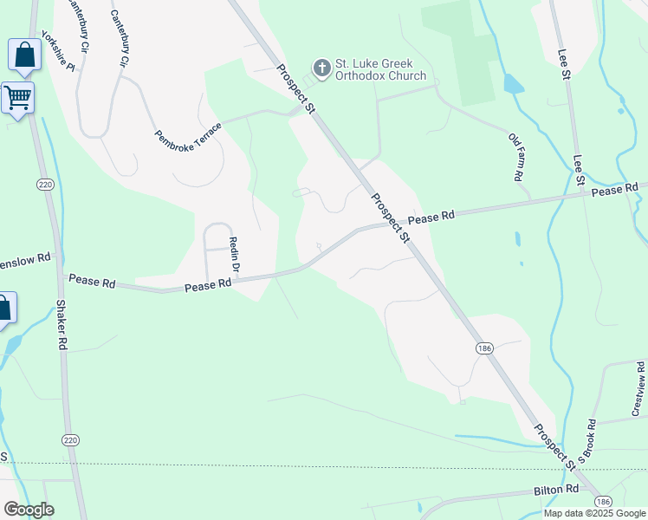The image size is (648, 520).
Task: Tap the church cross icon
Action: [321, 68]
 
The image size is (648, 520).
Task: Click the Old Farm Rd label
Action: [517, 156]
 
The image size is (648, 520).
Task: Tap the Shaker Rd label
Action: [61, 325]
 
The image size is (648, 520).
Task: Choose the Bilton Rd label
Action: [555, 491]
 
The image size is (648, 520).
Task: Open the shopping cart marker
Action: [17, 97]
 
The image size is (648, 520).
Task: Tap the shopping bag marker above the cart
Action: [24, 55]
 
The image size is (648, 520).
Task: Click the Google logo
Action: [29, 510]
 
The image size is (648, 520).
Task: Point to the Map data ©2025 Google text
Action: [594, 513]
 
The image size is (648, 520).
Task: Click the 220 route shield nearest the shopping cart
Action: [44, 184]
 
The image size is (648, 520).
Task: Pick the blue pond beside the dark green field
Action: [513, 84]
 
